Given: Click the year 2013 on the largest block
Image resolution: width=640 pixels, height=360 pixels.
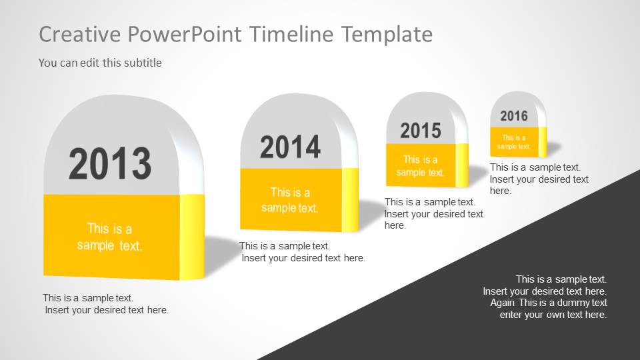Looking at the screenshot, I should pyautogui.click(x=110, y=163).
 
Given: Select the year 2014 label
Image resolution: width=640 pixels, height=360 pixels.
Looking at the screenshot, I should pyautogui.click(x=290, y=147).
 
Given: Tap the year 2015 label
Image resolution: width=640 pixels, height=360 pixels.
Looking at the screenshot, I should pyautogui.click(x=421, y=131).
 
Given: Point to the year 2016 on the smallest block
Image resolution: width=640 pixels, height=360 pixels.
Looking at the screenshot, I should pyautogui.click(x=514, y=116).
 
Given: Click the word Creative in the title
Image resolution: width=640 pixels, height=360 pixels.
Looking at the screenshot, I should pyautogui.click(x=81, y=34).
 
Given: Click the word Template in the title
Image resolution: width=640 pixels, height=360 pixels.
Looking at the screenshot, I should pyautogui.click(x=387, y=34).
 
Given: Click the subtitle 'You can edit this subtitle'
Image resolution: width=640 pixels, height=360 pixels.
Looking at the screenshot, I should pyautogui.click(x=100, y=63).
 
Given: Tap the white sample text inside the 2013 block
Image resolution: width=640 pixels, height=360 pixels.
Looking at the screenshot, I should pyautogui.click(x=110, y=237).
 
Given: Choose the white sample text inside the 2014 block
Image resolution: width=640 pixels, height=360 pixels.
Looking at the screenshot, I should pyautogui.click(x=290, y=200).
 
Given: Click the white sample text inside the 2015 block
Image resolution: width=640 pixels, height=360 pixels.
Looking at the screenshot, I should pyautogui.click(x=421, y=166).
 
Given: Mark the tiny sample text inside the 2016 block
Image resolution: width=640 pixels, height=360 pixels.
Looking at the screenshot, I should pyautogui.click(x=514, y=142).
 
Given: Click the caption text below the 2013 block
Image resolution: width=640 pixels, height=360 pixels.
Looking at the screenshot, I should pyautogui.click(x=105, y=304).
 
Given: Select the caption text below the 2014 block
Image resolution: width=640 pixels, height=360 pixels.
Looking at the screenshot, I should pyautogui.click(x=302, y=252).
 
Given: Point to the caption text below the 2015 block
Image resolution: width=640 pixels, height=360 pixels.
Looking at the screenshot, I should pyautogui.click(x=433, y=213).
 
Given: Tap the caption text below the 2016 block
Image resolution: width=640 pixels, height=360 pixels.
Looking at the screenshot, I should pyautogui.click(x=539, y=179).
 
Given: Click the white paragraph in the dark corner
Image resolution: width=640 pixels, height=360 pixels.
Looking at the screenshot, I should pyautogui.click(x=545, y=297).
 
